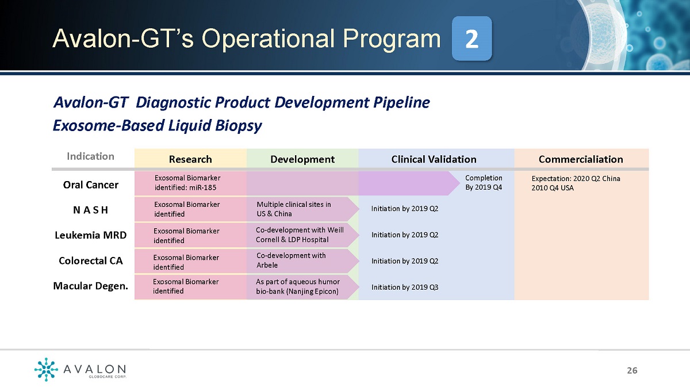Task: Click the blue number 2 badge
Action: click(471, 39)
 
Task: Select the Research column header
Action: click(190, 159)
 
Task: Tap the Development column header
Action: click(302, 159)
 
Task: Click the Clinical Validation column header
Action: click(434, 159)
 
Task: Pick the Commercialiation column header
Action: click(581, 159)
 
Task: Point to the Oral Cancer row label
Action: click(91, 185)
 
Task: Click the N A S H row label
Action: click(91, 210)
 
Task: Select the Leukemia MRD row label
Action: click(91, 235)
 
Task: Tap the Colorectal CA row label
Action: click(91, 261)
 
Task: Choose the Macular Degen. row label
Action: click(91, 286)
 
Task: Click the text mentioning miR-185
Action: click(187, 183)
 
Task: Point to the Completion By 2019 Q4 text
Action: click(484, 182)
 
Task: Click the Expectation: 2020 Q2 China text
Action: click(576, 179)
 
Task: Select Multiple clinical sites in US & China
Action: click(294, 209)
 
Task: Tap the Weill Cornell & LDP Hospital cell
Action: click(300, 235)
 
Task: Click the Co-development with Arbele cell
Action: click(291, 260)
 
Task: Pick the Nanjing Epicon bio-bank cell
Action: click(298, 286)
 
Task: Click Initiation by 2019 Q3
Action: click(405, 287)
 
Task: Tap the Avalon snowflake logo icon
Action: click(46, 369)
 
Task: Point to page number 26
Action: click(632, 370)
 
